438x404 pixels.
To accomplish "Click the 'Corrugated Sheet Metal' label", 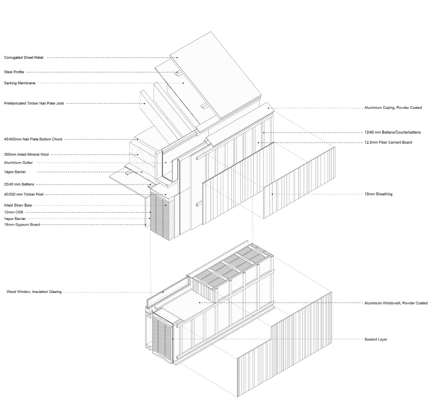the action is [24, 58].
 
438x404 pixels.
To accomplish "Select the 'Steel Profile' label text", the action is [14, 72].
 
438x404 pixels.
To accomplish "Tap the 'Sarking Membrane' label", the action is [20, 83].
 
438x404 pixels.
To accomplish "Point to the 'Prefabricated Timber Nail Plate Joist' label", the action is [34, 103].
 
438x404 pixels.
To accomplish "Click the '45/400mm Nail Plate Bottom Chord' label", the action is [33, 139].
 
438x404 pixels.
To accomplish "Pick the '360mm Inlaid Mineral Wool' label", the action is [26, 155].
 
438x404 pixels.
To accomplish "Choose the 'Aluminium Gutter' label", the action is [18, 163].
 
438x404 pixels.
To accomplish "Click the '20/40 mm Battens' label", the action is [19, 184].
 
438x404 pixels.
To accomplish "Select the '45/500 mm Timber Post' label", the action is [24, 194].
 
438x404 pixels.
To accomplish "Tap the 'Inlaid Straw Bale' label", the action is [18, 205].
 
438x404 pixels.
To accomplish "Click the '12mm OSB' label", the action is [14, 212].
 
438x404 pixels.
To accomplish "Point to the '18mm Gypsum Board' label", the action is [22, 225].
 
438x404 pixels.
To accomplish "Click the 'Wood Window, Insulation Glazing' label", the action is [34, 292].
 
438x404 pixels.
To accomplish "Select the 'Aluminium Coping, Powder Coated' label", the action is [393, 108].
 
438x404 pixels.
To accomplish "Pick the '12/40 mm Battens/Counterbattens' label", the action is [393, 132].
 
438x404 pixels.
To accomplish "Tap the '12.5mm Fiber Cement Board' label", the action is [388, 142].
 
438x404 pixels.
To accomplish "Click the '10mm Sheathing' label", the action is [378, 194].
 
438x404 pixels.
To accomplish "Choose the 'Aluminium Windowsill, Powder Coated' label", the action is [396, 303].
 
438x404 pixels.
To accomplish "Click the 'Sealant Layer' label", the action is [376, 339].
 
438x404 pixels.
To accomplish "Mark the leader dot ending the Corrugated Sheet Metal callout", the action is [177, 58].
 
